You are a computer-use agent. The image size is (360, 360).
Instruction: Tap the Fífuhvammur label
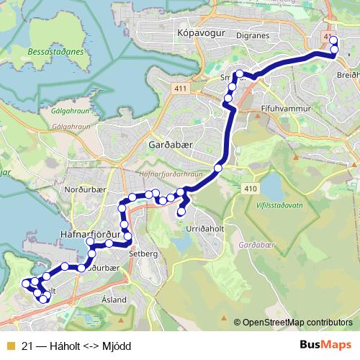pos(285,107)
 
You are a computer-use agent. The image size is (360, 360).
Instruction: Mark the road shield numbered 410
pos(250,189)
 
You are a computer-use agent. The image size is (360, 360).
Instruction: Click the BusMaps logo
pos(326,345)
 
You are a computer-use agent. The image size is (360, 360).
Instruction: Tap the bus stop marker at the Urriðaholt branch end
pos(181,212)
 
